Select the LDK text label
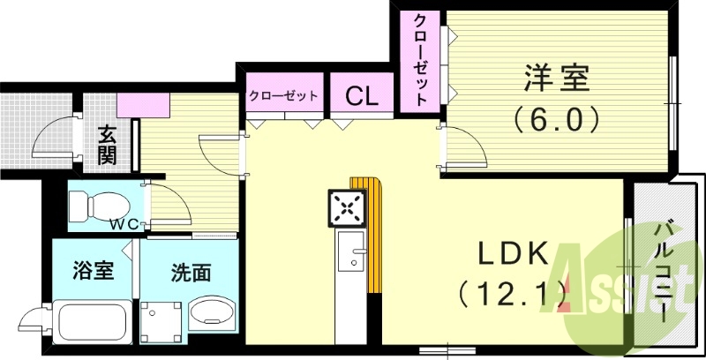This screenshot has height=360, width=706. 514,254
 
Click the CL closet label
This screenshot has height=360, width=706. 362,95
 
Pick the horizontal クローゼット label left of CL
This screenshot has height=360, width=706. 283,95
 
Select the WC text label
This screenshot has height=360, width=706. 123,225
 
